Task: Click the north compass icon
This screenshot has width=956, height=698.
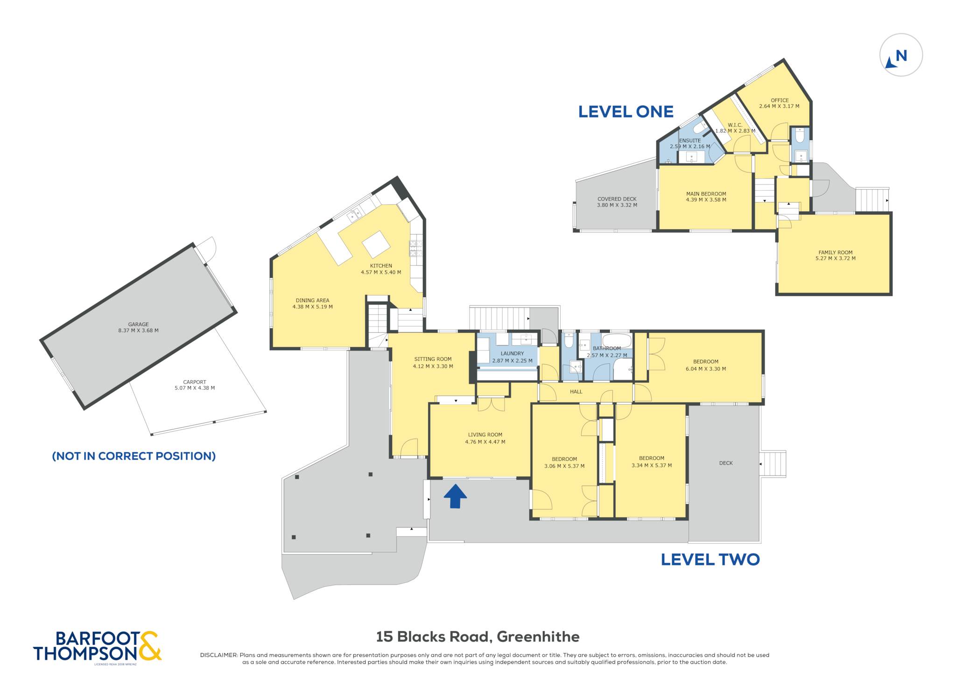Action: pyautogui.click(x=901, y=55)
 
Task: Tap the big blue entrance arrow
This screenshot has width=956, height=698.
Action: pyautogui.click(x=455, y=496)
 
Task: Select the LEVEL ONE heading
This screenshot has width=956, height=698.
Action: pyautogui.click(x=626, y=112)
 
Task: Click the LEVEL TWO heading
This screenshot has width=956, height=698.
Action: pyautogui.click(x=710, y=559)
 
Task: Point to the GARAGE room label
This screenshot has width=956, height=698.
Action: pyautogui.click(x=139, y=324)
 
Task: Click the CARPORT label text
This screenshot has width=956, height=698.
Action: pyautogui.click(x=195, y=382)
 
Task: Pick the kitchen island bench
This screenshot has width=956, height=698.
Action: pyautogui.click(x=376, y=244)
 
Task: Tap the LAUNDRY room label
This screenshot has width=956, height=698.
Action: pyautogui.click(x=512, y=354)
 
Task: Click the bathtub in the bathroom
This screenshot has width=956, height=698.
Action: pyautogui.click(x=616, y=339)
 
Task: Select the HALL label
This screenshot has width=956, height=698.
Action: pyautogui.click(x=576, y=392)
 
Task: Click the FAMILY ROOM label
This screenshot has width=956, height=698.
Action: pyautogui.click(x=836, y=252)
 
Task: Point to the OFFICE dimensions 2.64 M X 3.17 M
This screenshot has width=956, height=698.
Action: pyautogui.click(x=779, y=106)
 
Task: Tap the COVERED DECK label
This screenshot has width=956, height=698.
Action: pyautogui.click(x=617, y=199)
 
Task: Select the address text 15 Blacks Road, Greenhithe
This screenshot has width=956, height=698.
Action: pyautogui.click(x=478, y=636)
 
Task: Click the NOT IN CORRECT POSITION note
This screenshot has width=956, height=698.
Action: pyautogui.click(x=134, y=456)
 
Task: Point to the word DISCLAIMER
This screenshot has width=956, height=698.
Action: pyautogui.click(x=219, y=655)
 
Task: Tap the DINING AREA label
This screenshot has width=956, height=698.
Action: pyautogui.click(x=312, y=300)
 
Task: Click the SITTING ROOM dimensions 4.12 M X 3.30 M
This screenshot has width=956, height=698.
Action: pyautogui.click(x=433, y=366)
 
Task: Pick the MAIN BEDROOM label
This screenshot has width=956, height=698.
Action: pyautogui.click(x=706, y=194)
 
